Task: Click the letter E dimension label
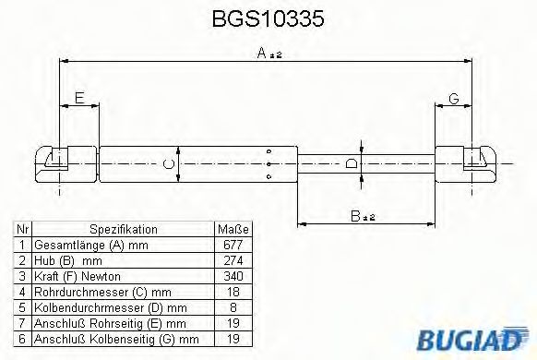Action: (79, 98)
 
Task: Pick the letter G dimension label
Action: (454, 98)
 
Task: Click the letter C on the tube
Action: (167, 164)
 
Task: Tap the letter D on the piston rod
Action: (351, 163)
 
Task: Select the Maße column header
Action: (229, 230)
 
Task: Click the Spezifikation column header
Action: (123, 230)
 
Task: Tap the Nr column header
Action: (24, 230)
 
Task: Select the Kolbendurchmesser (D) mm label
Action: (110, 307)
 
